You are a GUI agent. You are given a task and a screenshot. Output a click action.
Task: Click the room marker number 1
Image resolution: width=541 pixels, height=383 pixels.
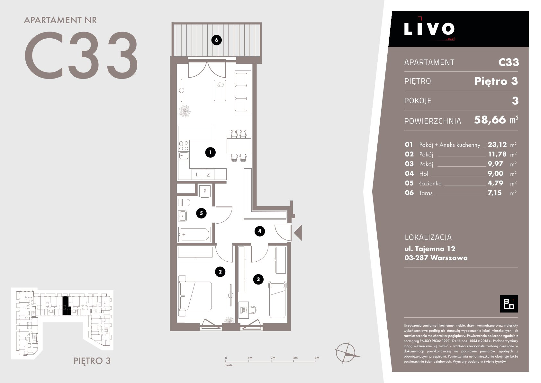click(210, 153)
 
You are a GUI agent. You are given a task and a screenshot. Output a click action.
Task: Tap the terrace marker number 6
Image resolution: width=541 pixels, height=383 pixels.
click(216, 40)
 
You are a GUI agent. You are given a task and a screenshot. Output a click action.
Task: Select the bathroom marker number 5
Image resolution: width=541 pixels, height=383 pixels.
click(201, 213)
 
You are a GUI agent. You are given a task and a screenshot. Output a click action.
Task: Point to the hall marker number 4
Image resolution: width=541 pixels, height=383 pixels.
click(260, 231)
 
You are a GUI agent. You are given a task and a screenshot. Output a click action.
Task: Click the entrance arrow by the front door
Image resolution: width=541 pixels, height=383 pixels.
click(299, 233)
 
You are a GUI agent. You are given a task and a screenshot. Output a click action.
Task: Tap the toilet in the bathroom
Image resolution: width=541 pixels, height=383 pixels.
click(184, 202)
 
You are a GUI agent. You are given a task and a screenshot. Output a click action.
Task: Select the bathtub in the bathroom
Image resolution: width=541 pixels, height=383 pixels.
click(194, 234)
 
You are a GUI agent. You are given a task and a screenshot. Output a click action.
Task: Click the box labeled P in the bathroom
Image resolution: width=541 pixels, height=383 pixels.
click(205, 191)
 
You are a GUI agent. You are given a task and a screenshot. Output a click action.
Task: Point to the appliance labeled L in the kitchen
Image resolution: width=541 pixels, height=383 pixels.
click(197, 174)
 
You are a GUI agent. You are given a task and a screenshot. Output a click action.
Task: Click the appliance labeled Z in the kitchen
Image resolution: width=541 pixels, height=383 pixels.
click(208, 174)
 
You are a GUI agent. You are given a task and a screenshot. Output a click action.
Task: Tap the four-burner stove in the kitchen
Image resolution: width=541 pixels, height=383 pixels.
click(184, 146)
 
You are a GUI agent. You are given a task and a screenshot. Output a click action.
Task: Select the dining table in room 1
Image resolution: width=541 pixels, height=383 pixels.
click(239, 146)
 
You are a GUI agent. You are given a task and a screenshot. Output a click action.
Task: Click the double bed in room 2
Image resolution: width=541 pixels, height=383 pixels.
click(195, 296)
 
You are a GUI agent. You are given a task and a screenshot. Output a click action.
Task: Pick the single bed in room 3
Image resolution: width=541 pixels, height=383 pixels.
click(278, 300)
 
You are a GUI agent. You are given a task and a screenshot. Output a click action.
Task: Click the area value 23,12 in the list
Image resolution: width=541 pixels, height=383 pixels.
click(497, 145)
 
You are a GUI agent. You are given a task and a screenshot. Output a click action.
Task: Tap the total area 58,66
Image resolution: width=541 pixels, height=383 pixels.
click(490, 120)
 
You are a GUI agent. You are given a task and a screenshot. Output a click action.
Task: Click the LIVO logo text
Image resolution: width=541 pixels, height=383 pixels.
click(429, 29)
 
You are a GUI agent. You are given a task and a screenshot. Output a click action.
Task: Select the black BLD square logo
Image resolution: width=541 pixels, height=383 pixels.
click(509, 304)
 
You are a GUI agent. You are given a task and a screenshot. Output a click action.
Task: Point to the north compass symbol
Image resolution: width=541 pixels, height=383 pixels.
click(346, 352)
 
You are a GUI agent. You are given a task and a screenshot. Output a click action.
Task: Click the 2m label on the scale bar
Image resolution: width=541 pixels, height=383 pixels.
click(273, 358)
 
